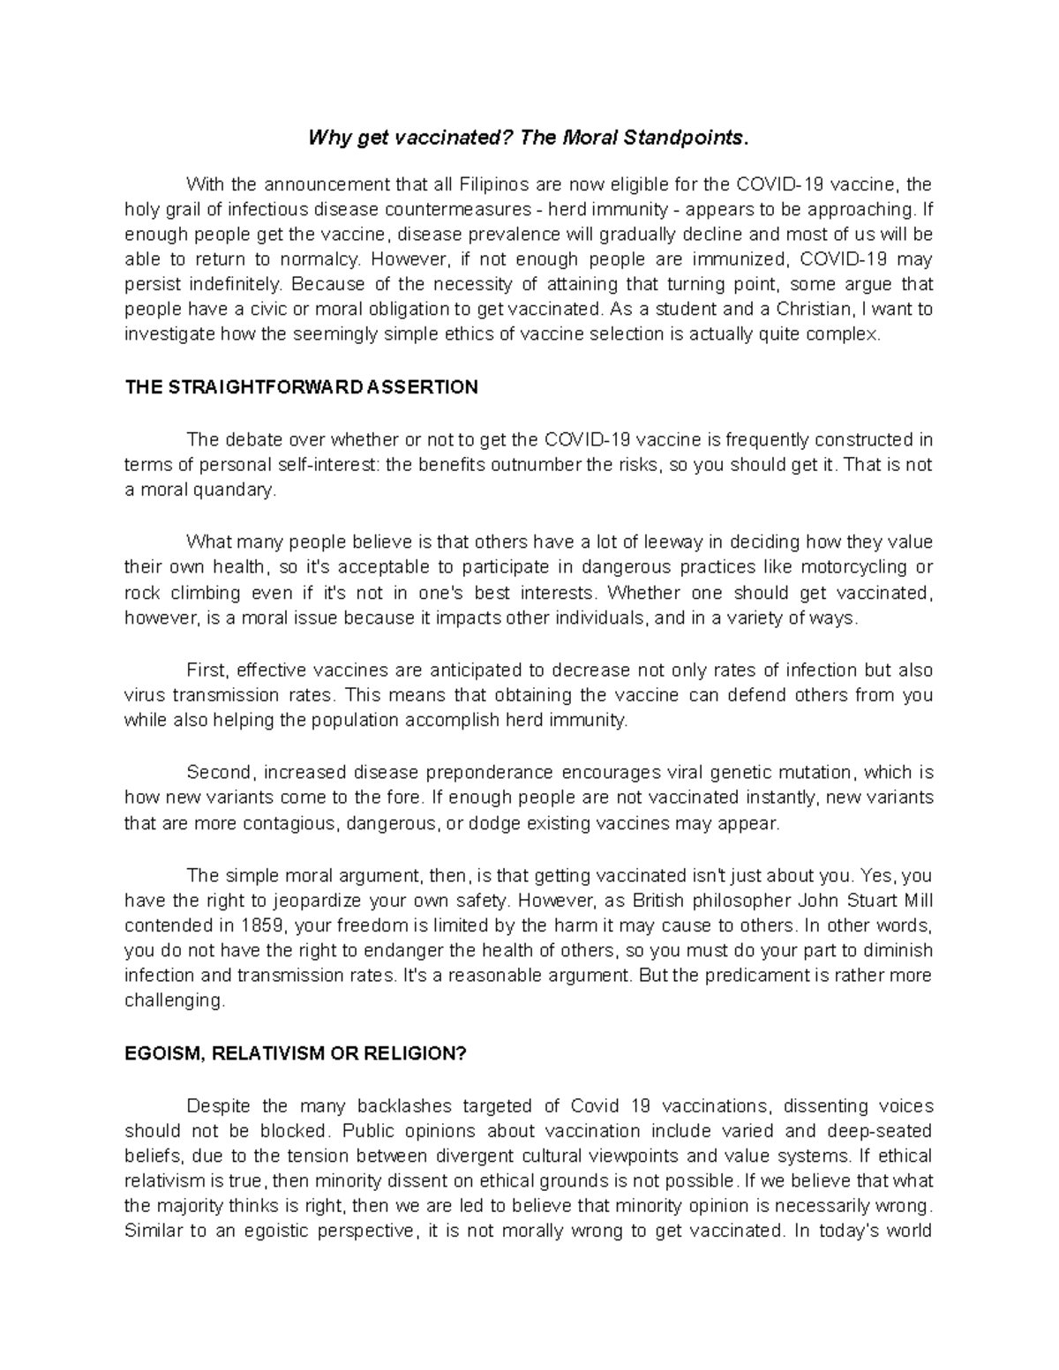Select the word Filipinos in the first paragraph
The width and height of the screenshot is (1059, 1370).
pos(492,185)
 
